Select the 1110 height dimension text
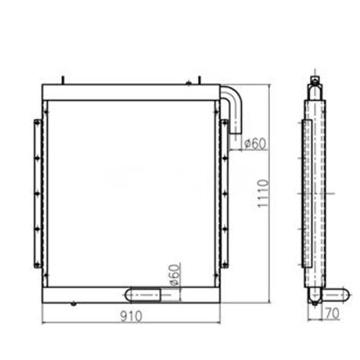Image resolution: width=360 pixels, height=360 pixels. [x=262, y=193]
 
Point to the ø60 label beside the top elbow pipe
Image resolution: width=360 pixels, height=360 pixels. [x=255, y=144]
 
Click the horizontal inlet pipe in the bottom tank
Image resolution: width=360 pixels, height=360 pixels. [x=149, y=294]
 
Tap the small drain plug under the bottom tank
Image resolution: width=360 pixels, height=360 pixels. [x=74, y=304]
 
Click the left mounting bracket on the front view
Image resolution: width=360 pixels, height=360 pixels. [x=38, y=193]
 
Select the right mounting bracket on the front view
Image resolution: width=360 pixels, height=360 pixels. [x=225, y=193]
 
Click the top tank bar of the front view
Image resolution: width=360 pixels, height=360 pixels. [x=131, y=93]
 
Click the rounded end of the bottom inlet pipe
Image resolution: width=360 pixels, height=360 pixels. [x=129, y=294]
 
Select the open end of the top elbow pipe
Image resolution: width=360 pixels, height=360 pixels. [x=235, y=132]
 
